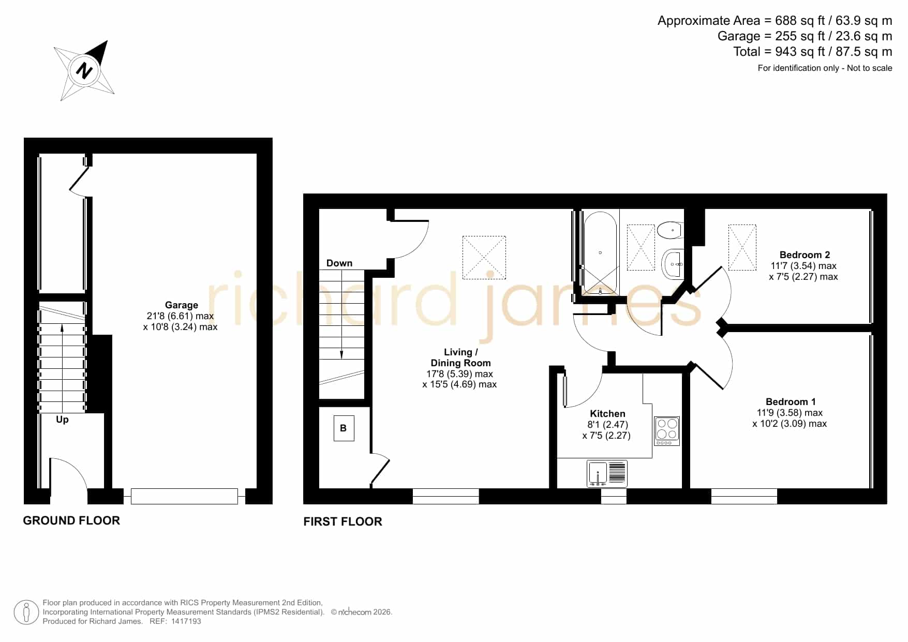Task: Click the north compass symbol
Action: coord(84,70)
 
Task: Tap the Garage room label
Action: coord(181,305)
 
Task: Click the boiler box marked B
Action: coord(344,428)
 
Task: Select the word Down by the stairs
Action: coord(339,263)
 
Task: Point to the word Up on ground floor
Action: coord(62,419)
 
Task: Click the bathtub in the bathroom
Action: coord(600,253)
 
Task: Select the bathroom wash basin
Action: coord(673,264)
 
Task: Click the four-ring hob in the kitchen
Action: coord(667,431)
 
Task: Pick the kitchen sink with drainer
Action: coord(607,473)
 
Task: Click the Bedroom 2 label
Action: coord(805,255)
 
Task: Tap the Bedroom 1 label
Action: coord(791,401)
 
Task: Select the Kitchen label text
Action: coord(607,413)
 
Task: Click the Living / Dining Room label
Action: coord(460,357)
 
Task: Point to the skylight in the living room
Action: coord(484,258)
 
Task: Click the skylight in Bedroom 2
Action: coord(742,247)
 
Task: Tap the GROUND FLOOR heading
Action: coord(71,520)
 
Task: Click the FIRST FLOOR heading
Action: coord(343,521)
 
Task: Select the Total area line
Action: coord(812,52)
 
